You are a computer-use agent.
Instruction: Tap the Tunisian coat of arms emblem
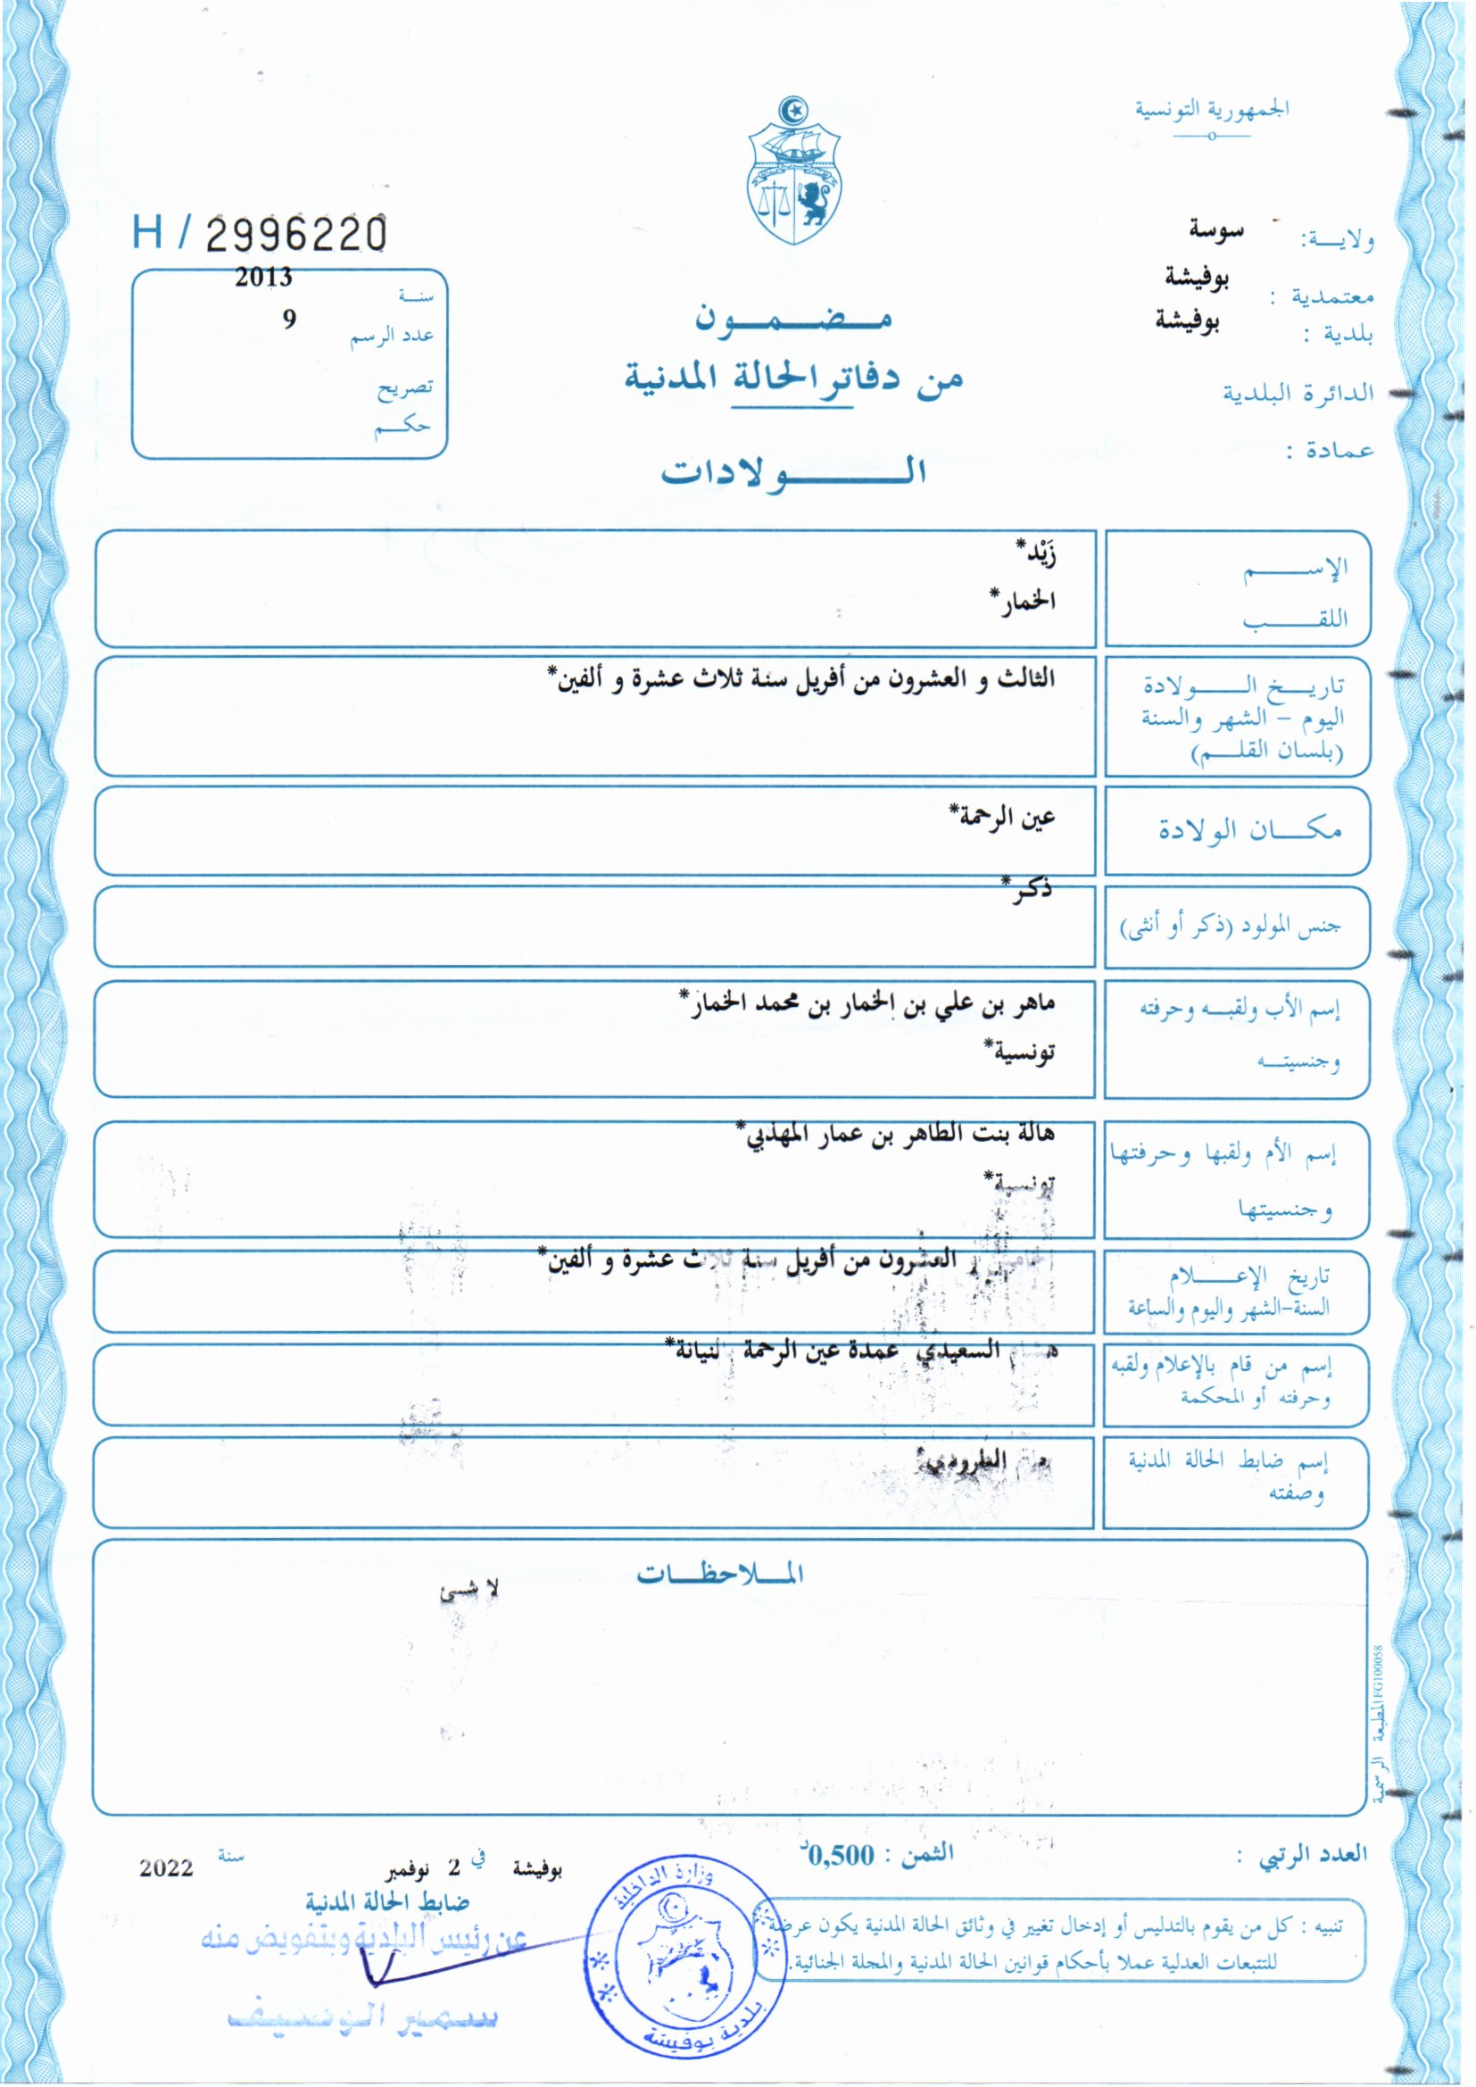click(x=795, y=172)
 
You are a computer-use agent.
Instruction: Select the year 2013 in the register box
click(x=263, y=278)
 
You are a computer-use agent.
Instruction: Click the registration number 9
click(x=289, y=319)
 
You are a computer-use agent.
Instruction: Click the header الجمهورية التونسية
click(x=1212, y=110)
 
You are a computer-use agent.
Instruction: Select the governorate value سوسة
click(x=1216, y=231)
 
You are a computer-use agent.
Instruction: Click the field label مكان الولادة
click(x=1249, y=830)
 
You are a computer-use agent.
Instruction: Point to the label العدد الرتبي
click(x=1313, y=1854)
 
